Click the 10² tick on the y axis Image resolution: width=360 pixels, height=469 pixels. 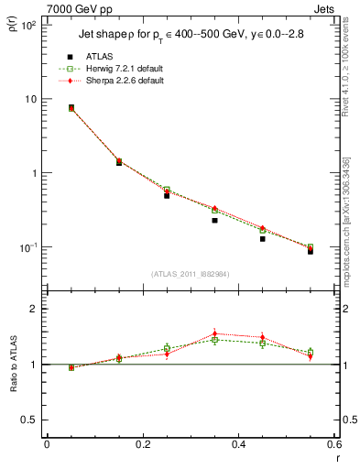point(27,26)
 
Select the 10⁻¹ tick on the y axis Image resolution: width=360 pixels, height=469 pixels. point(27,247)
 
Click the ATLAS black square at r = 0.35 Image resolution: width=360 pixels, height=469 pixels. point(214,220)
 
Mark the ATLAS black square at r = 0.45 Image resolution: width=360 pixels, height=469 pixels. point(262,238)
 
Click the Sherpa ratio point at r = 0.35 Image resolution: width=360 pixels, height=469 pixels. point(214,333)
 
